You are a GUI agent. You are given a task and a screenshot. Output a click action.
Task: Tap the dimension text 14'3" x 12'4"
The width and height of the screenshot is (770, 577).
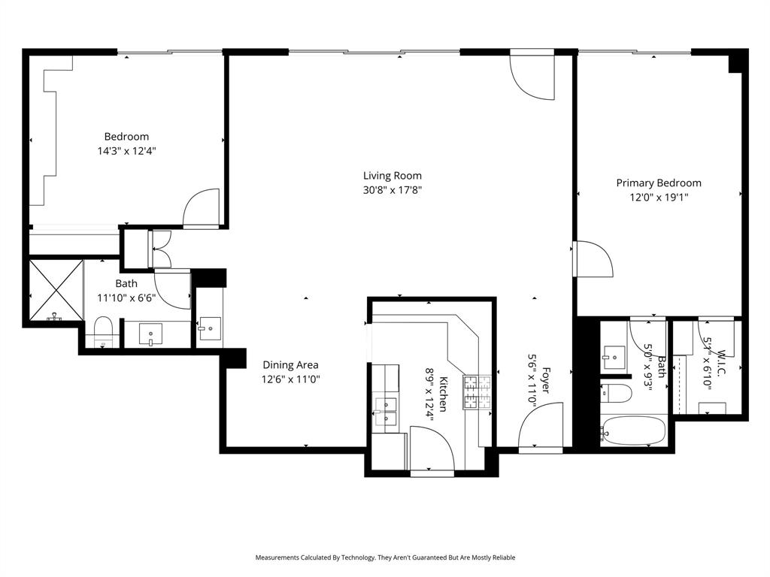coord(126,150)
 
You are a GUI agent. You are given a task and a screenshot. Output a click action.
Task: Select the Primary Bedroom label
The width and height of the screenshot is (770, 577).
coord(659,183)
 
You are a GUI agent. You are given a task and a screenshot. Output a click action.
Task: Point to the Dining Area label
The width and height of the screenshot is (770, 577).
coord(291,366)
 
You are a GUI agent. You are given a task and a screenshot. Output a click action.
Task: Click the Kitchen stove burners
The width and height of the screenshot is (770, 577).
coord(477,392)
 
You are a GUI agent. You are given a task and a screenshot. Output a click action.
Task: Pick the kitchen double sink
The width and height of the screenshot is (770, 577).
coord(386,413)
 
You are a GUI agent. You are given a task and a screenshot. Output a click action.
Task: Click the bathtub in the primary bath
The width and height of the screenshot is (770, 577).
coord(633,431)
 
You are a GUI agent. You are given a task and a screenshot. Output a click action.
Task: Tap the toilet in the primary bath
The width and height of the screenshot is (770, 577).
coord(616,392)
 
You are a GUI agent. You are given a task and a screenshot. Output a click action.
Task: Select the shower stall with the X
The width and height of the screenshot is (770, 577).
coord(56,290)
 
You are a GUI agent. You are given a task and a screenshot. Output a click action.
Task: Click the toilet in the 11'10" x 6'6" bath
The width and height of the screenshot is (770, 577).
coord(103,331)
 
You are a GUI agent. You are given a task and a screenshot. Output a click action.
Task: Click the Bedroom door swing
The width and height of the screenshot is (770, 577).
coord(202,208)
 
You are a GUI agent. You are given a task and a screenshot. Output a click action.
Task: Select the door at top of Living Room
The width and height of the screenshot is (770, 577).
coord(532,77)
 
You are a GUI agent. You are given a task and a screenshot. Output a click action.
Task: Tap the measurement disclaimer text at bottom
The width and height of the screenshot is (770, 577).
coord(385,557)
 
